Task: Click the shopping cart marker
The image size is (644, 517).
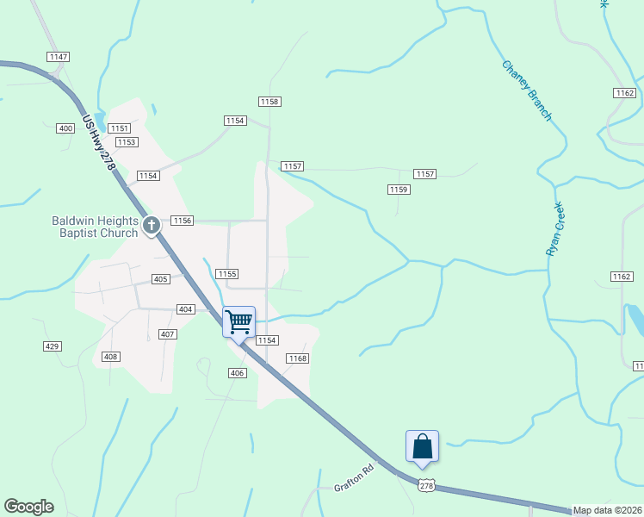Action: pyautogui.click(x=239, y=321)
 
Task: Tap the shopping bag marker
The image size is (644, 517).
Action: pyautogui.click(x=422, y=446)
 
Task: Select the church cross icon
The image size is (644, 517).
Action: pyautogui.click(x=152, y=226)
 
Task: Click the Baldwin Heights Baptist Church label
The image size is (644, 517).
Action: pyautogui.click(x=94, y=227)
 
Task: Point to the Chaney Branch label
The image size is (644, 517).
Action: pyautogui.click(x=526, y=90)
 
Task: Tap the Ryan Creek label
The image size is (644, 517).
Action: pyautogui.click(x=554, y=228)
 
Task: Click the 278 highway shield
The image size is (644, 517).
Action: pyautogui.click(x=425, y=486)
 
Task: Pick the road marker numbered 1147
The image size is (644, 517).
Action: pyautogui.click(x=59, y=57)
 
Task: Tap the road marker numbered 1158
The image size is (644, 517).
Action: pyautogui.click(x=269, y=102)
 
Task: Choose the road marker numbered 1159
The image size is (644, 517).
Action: pyautogui.click(x=397, y=189)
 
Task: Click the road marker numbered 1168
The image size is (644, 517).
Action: pyautogui.click(x=298, y=358)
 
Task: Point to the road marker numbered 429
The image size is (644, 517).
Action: pyautogui.click(x=53, y=346)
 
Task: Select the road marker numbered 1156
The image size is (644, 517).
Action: pyautogui.click(x=182, y=221)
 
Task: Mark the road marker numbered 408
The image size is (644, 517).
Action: pyautogui.click(x=110, y=356)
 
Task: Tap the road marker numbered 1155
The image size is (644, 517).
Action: pyautogui.click(x=227, y=273)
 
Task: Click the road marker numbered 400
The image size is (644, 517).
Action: pyautogui.click(x=65, y=128)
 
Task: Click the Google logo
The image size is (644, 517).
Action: pyautogui.click(x=28, y=507)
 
